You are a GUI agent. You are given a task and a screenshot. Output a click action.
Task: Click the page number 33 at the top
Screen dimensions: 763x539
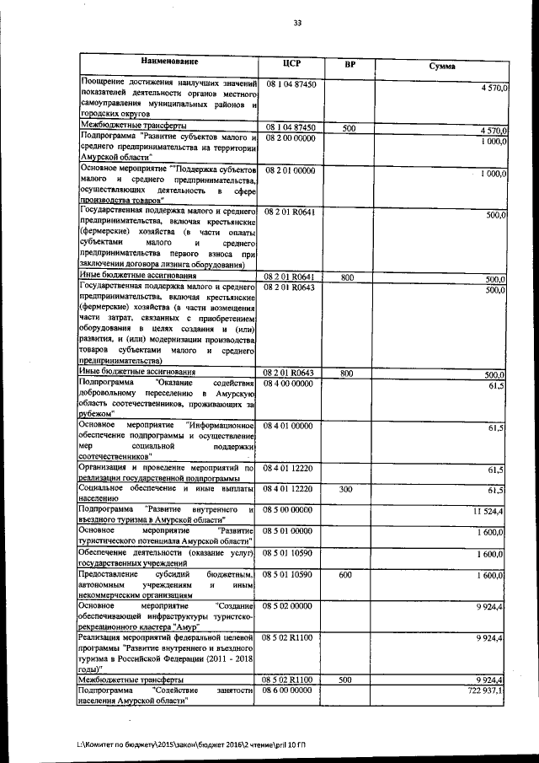[296, 22]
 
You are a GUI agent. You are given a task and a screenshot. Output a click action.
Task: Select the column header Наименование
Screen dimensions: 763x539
[169, 62]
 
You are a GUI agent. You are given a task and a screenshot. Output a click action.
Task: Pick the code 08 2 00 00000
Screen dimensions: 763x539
[290, 137]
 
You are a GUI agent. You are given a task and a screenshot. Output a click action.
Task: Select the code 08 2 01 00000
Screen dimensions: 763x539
[290, 171]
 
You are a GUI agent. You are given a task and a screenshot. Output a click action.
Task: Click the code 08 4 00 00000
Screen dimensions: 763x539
[290, 384]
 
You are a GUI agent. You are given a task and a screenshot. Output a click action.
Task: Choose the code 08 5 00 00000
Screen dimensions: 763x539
[290, 510]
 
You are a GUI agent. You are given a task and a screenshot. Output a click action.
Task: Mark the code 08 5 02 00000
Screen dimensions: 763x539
[290, 606]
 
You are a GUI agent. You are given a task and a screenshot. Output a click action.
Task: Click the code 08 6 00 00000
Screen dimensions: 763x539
[290, 690]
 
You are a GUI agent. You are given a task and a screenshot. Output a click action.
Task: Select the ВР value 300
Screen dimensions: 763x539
[346, 489]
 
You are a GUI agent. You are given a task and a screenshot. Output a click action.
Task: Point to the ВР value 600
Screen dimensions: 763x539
[346, 574]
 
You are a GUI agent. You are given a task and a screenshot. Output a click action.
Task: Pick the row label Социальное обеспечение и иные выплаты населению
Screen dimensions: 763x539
[166, 493]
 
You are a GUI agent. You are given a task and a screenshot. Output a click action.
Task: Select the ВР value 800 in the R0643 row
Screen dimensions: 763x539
[346, 373]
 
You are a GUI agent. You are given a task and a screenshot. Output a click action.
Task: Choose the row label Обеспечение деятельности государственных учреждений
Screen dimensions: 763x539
[166, 557]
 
